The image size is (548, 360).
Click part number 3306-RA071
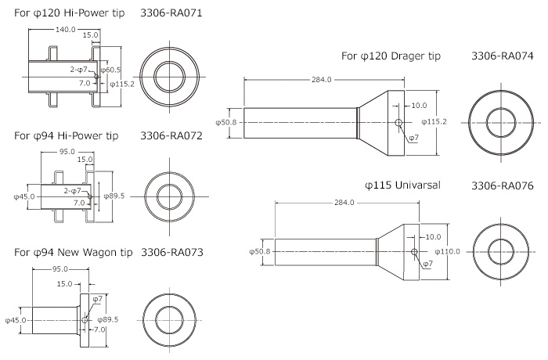pos(171,13)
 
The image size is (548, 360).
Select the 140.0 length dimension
pos(66,30)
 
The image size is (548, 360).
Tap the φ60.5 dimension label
pos(110,70)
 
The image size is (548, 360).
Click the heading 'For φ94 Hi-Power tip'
pos(66,135)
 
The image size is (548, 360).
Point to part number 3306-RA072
pos(171,135)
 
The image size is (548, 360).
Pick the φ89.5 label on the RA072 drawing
pos(114,196)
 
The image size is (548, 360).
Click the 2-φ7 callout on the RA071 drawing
pos(78,70)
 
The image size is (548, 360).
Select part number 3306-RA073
pos(172,252)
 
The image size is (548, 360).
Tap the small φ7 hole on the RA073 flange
pos(85,320)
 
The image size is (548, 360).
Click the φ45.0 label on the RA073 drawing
pos(16,320)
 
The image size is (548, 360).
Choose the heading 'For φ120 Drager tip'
pos(391,56)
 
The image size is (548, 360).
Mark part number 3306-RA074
pos(503,56)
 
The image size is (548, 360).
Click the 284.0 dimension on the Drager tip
pos(322,80)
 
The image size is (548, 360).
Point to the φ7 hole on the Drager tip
pos(398,122)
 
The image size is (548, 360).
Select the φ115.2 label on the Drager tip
pos(434,121)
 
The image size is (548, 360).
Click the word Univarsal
pos(417,185)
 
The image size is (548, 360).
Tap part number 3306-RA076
pos(503,185)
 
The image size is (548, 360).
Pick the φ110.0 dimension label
pos(448,251)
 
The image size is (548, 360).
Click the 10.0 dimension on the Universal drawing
pos(434,237)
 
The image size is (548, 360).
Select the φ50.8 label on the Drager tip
pos(225,122)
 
